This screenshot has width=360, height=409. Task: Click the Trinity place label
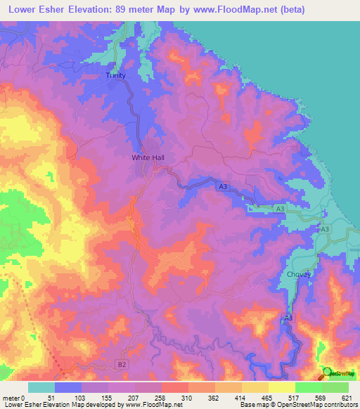tap(115, 75)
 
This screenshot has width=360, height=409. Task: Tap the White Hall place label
tap(148, 158)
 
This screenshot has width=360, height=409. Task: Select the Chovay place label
tap(299, 275)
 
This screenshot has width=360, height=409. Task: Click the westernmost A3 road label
tap(223, 186)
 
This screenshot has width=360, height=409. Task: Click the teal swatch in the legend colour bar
tap(41, 387)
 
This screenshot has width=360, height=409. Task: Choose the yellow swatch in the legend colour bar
tap(282, 387)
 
